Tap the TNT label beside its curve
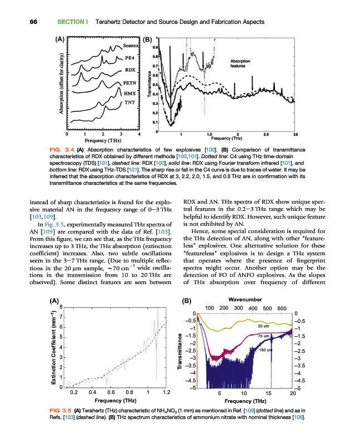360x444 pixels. coord(128,103)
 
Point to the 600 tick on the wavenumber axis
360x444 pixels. coord(281,308)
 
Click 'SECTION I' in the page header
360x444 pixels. coord(73,22)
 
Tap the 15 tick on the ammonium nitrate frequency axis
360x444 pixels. coord(268,393)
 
